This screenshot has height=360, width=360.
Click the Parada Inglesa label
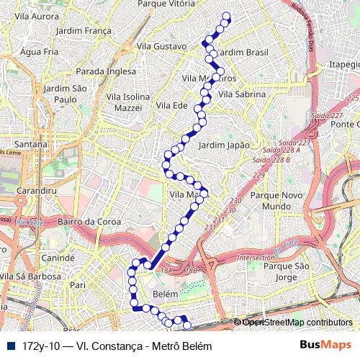tap(106, 71)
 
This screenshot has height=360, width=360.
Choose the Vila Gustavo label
tap(161, 47)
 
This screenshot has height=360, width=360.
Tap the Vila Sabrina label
tap(242, 94)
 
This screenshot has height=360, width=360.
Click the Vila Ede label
tap(171, 105)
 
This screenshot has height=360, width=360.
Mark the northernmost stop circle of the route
tap(227, 16)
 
